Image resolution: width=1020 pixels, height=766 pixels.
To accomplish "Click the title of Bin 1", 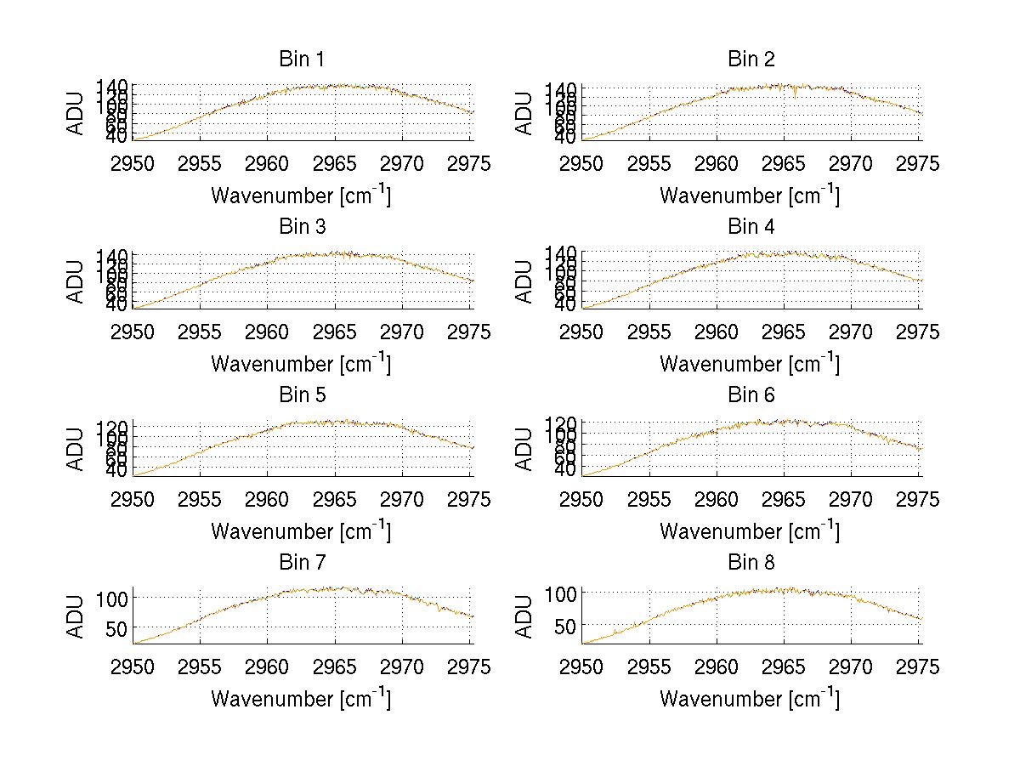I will tap(301, 60).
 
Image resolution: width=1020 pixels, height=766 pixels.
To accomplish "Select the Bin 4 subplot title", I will tap(751, 227).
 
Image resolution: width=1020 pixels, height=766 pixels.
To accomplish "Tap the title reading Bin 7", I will tap(301, 563).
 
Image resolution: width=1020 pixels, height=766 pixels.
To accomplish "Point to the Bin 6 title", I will tap(751, 395).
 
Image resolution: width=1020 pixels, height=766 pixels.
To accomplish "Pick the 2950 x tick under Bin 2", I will tap(582, 163).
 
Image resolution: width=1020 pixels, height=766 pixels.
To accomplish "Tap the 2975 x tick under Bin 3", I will tap(470, 332).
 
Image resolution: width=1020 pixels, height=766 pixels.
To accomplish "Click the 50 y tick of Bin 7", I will tap(116, 627).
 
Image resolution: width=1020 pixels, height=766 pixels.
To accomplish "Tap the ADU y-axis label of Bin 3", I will tap(76, 281).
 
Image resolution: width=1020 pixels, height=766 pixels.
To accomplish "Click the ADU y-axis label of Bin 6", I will tap(525, 448).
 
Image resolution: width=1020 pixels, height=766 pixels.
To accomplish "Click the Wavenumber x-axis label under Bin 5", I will tap(301, 531).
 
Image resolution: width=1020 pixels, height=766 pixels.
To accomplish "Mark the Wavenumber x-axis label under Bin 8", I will tap(749, 699).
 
